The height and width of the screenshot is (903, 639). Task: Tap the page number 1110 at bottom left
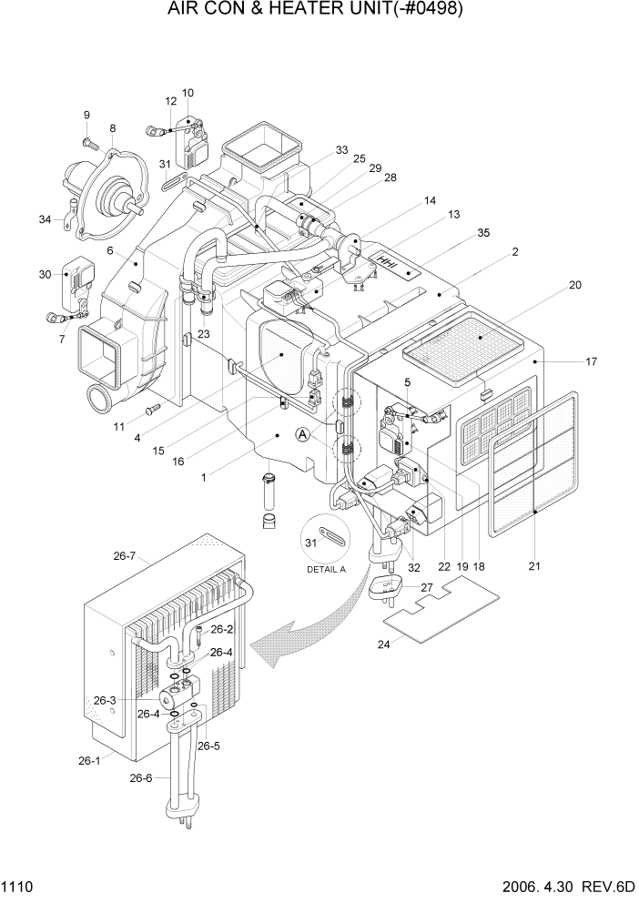(19, 886)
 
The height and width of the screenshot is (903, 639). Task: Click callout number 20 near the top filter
(574, 285)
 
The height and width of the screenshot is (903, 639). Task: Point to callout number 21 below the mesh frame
(534, 566)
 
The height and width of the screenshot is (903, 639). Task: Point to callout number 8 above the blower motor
(112, 128)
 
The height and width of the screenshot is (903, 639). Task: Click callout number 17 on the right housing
(591, 361)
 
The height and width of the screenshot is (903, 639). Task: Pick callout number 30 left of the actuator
(45, 274)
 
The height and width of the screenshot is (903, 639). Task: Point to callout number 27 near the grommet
(427, 587)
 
